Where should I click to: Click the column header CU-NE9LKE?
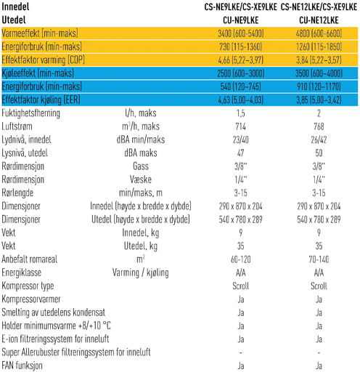tap(241, 20)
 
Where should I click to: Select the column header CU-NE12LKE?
tap(319, 20)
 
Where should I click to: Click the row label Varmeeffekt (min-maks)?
tap(40, 33)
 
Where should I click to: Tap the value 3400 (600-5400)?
tap(241, 33)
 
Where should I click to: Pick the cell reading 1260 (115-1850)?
tap(319, 46)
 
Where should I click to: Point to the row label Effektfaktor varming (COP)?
tap(44, 60)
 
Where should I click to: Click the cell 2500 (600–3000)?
tap(241, 73)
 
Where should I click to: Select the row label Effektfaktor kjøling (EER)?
tap(41, 100)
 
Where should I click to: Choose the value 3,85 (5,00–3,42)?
tap(319, 100)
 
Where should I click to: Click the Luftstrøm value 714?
tap(241, 126)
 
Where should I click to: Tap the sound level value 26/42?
tap(319, 139)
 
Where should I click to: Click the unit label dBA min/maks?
tap(141, 139)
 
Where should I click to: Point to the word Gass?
tap(141, 166)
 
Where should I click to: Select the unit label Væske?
tap(141, 179)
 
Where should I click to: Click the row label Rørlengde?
tap(17, 193)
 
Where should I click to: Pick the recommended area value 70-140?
tap(319, 259)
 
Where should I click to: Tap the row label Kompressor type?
tap(28, 286)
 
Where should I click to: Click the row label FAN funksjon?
tap(22, 365)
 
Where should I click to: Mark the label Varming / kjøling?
tap(141, 272)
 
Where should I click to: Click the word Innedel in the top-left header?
tap(15, 7)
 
